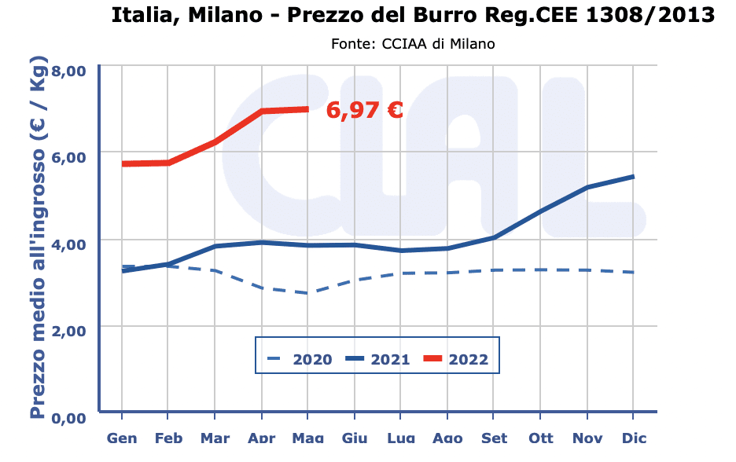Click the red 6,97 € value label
(364, 110)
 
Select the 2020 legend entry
(299, 360)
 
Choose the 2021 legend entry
(378, 360)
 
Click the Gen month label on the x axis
(122, 438)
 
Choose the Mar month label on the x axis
(215, 438)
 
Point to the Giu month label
(355, 438)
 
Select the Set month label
(494, 438)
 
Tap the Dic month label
(634, 438)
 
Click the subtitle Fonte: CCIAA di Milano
(413, 44)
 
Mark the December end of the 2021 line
(634, 177)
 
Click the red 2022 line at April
(261, 112)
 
